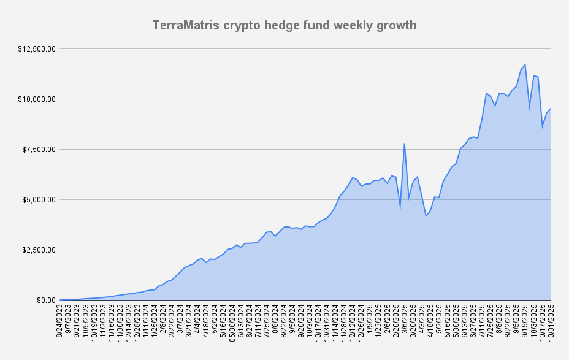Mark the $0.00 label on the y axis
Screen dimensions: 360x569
pyautogui.click(x=45, y=300)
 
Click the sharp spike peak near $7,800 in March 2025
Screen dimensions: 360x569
pyautogui.click(x=404, y=144)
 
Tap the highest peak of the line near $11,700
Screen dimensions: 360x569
pyautogui.click(x=525, y=64)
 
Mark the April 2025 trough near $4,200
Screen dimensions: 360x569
pyautogui.click(x=426, y=216)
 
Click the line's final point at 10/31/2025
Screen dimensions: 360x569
pyautogui.click(x=551, y=109)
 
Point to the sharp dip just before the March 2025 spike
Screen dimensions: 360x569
pyautogui.click(x=400, y=209)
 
